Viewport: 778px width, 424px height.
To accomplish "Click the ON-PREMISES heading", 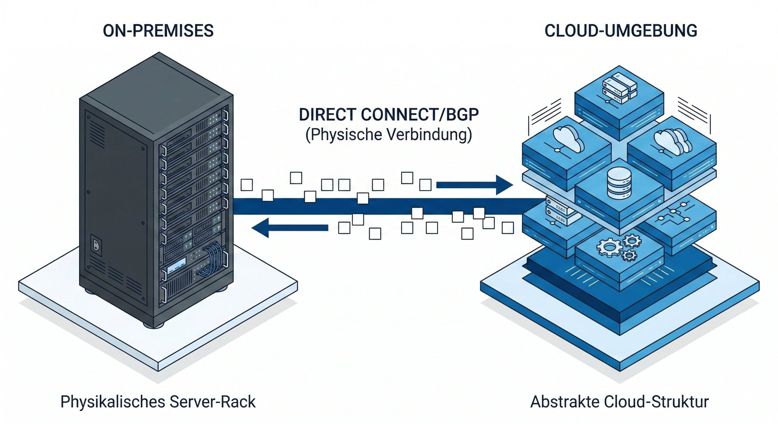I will (158, 31).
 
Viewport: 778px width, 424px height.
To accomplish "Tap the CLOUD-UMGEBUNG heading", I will (621, 31).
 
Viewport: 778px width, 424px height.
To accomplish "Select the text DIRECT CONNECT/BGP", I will (389, 115).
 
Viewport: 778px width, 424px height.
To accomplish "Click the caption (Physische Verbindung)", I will (389, 135).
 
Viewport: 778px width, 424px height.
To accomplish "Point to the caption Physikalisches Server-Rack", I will (158, 402).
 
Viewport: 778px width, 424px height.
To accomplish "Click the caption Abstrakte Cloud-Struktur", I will (619, 402).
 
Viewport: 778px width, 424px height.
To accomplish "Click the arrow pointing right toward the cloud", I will (474, 185).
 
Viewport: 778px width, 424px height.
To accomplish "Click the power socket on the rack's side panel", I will (96, 244).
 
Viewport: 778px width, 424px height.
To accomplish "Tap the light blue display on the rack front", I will (176, 264).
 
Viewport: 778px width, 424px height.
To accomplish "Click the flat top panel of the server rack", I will (157, 94).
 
